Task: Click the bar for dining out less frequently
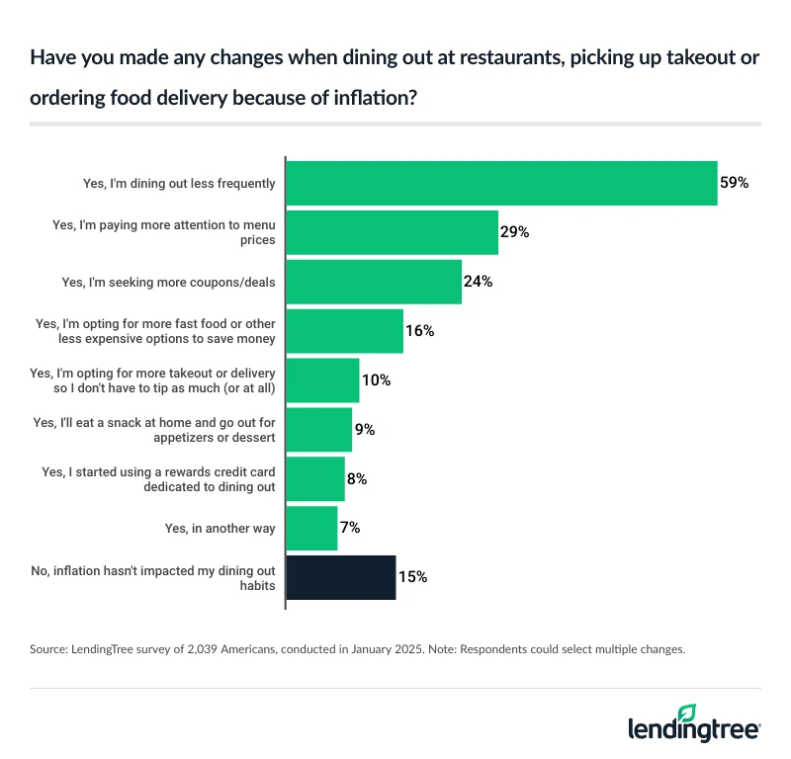501,183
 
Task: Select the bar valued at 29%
392,232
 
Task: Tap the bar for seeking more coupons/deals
374,282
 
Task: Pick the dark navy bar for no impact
341,577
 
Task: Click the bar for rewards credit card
315,478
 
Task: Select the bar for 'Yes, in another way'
311,528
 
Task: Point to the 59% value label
735,183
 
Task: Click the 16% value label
420,331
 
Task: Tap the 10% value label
376,380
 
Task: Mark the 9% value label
365,430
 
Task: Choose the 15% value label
412,577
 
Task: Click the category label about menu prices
163,232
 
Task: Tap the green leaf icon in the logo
687,713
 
